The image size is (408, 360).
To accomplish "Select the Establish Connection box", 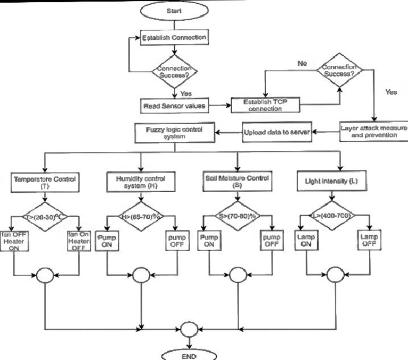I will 173,38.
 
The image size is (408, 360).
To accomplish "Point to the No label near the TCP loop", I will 302,64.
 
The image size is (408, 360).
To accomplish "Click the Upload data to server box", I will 276,131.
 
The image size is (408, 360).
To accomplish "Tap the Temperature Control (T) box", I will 45,183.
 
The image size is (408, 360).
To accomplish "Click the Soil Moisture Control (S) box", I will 236,183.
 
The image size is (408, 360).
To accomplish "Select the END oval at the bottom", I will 189,355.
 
